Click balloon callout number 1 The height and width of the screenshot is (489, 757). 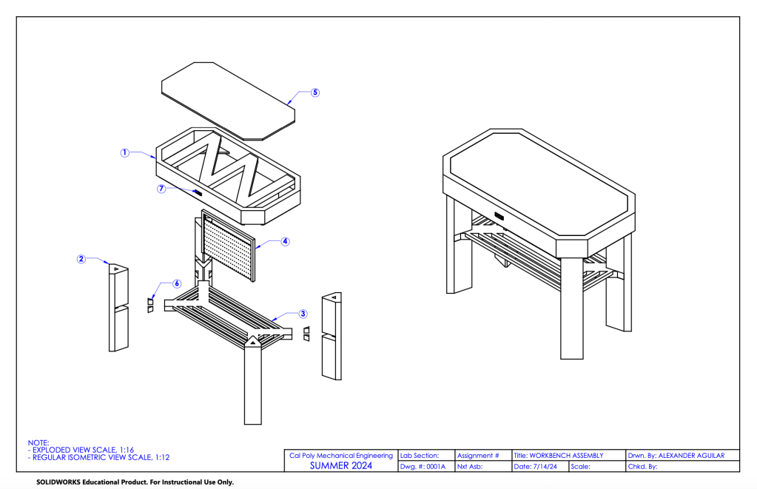pos(125,153)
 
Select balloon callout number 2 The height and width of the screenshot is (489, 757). pos(81,259)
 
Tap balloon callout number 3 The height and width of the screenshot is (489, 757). pos(303,314)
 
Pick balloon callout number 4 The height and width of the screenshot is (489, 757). pos(285,241)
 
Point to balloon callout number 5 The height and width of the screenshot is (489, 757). pos(314,92)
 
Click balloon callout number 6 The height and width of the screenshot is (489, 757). pos(176,283)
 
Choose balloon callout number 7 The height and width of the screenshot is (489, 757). pos(161,188)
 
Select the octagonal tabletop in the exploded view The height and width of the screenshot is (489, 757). pos(228,100)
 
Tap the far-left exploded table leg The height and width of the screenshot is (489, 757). pos(118,311)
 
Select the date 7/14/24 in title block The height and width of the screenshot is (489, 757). pos(539,467)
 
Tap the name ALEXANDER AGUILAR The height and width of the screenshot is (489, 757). pos(690,456)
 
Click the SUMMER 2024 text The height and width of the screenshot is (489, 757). pos(340,466)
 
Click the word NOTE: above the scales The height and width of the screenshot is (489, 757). pos(38,442)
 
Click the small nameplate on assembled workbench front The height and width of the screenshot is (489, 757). pos(499,216)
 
